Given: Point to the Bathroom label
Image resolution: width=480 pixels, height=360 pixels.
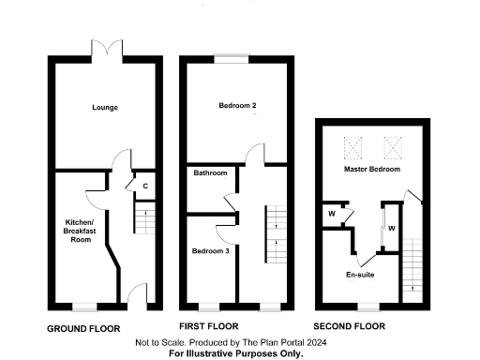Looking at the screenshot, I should point(210,173).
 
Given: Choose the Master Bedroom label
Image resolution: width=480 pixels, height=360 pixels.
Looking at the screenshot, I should point(371,170).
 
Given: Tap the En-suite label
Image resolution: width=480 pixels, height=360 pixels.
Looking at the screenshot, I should point(359,275).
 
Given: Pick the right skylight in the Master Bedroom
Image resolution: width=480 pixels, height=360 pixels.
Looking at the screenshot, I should point(392,145).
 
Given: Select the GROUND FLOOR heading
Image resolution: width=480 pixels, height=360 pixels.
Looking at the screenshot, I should point(83,328).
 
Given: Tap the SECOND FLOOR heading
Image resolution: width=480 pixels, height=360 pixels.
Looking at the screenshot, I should point(349,327).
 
